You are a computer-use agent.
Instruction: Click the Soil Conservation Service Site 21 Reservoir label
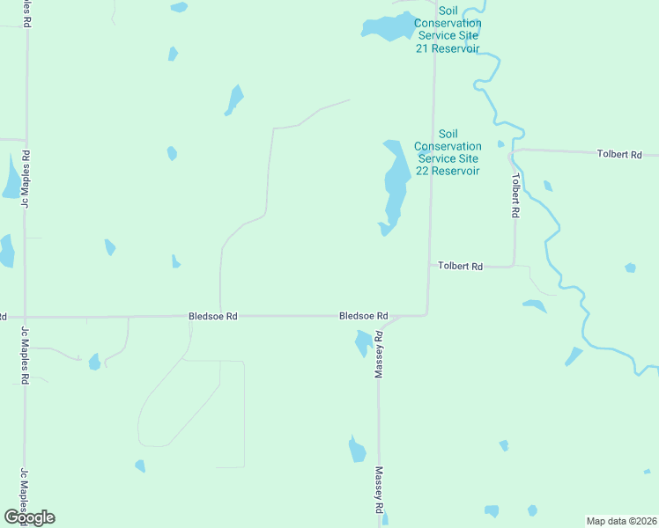coord(448,29)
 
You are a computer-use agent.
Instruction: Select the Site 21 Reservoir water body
coord(389,28)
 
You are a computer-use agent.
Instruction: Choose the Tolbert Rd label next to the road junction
coord(461,266)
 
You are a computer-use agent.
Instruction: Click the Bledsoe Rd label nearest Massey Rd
coord(364,315)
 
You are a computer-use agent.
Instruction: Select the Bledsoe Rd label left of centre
coord(213,315)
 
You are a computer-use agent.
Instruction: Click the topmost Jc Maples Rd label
coord(26,179)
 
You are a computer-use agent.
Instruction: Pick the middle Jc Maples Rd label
coord(25,355)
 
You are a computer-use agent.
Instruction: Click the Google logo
coord(29,517)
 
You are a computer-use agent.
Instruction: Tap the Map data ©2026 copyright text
coord(621,520)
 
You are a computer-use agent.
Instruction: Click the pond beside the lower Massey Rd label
coord(357,450)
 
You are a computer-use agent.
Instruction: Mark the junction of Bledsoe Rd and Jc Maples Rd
coord(25,317)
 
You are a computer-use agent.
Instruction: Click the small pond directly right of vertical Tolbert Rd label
coord(548,186)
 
